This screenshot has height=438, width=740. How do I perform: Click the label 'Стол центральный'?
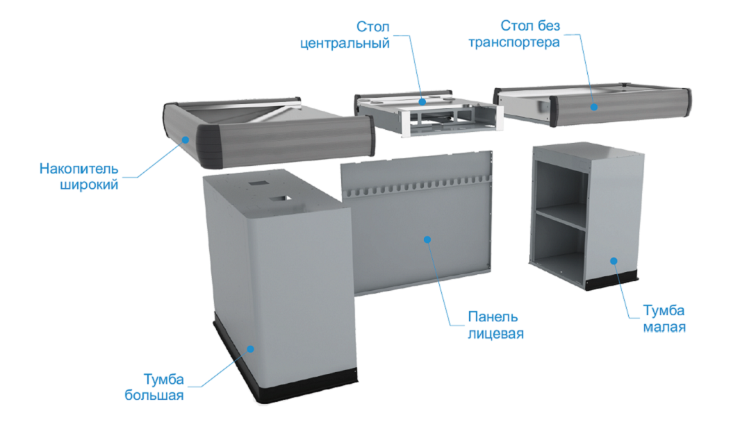point(345,35)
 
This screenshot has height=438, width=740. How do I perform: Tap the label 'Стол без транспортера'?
point(514,34)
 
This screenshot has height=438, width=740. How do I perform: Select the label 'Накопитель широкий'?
point(79,176)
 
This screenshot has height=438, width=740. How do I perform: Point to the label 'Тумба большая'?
point(154,387)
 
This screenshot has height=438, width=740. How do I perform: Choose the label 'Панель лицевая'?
point(495,325)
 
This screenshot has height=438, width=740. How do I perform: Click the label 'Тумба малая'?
point(664,318)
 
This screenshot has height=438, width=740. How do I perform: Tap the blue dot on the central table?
point(422,101)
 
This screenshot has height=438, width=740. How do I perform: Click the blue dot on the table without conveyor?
point(594,107)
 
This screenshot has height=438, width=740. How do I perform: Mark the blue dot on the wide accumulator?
point(186,140)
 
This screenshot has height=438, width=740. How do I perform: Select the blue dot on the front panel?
point(427,239)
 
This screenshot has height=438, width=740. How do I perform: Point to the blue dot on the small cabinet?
point(614,261)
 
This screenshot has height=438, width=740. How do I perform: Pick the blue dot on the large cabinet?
point(251,349)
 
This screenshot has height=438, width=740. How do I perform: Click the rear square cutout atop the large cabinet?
point(257,183)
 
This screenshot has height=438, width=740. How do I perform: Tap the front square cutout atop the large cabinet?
point(280,199)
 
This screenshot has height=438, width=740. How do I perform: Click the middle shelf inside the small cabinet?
point(561,216)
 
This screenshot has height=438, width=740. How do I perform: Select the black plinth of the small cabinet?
point(611,280)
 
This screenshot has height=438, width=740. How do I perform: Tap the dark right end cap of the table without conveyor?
point(686,102)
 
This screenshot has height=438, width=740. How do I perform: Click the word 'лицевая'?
point(495,333)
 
